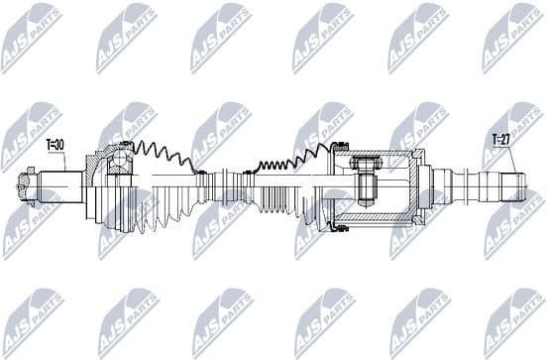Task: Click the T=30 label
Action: (x=55, y=145)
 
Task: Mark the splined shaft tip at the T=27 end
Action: (x=510, y=185)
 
